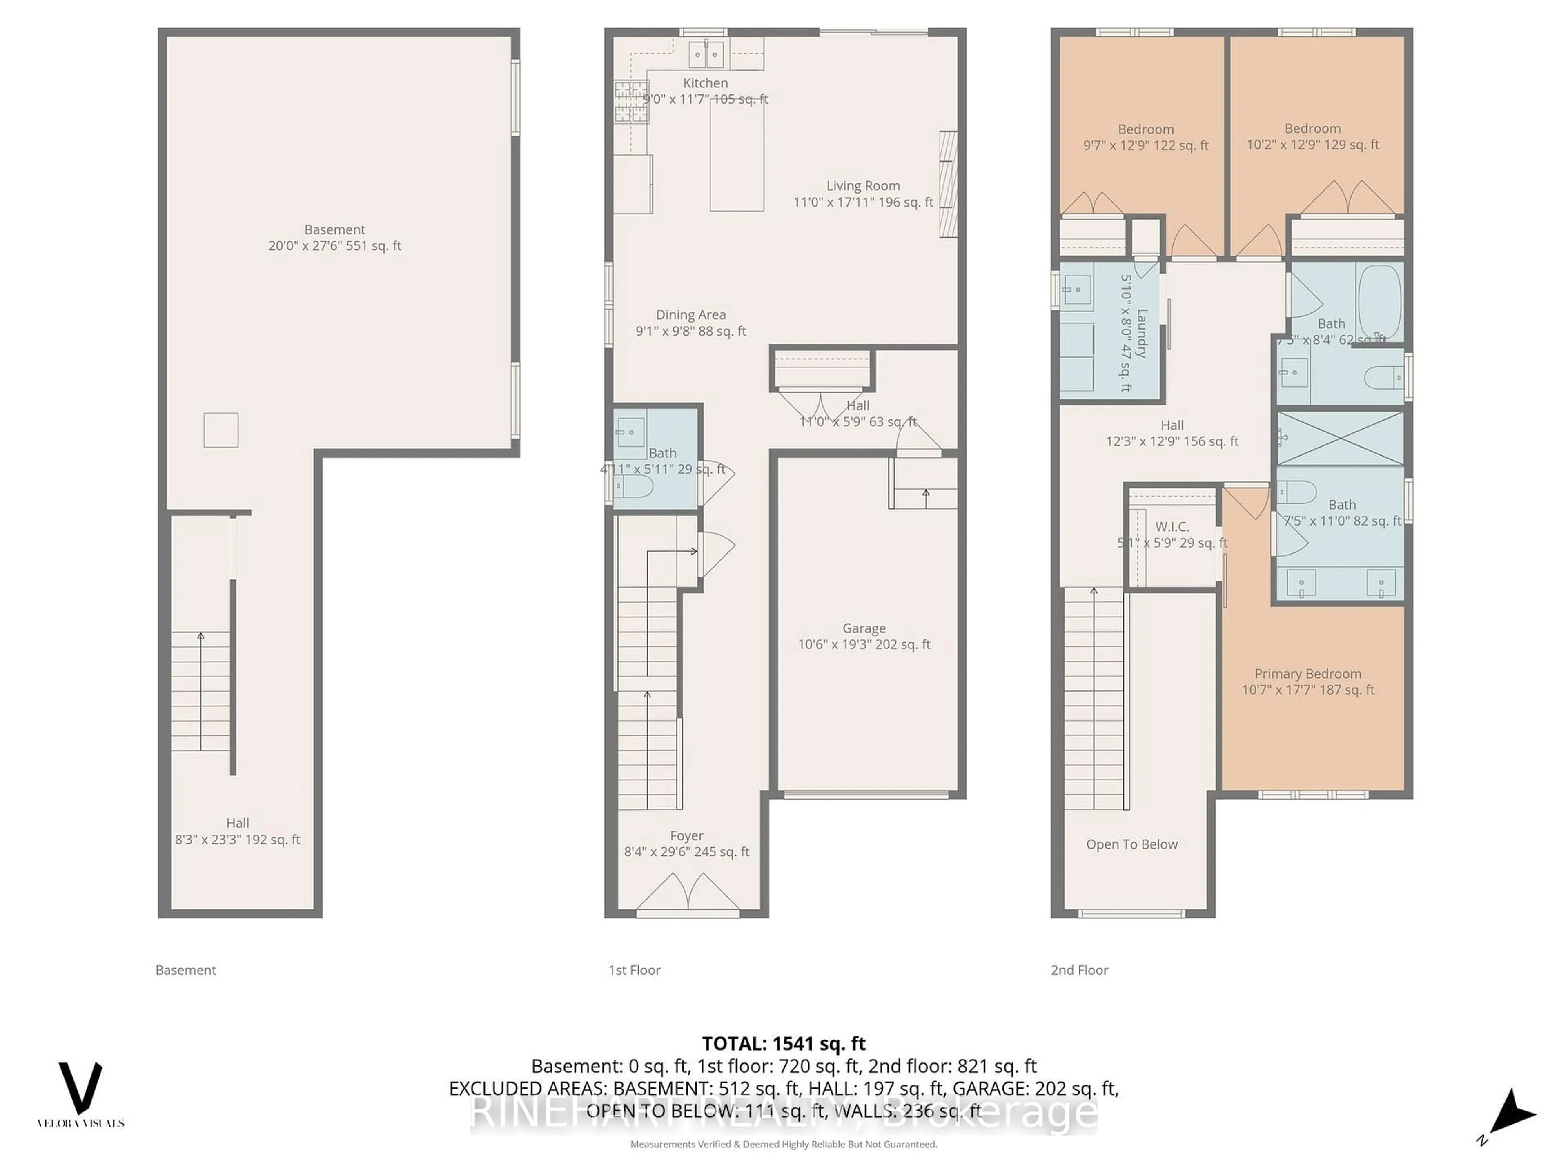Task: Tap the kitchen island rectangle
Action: point(737,154)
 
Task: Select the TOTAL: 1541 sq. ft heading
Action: point(783,1043)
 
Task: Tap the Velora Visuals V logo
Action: point(80,1088)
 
